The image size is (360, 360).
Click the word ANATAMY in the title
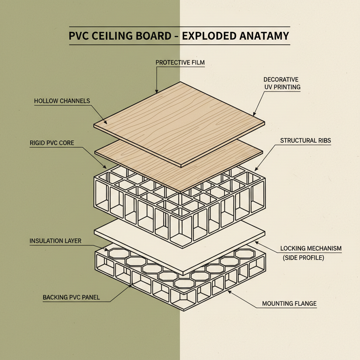point(264,36)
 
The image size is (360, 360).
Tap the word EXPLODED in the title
point(209,36)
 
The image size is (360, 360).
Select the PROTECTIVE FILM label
point(180,63)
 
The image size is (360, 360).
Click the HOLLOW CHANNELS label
point(62,101)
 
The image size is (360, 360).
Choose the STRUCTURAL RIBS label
point(306,141)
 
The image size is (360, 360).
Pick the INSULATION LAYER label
point(56,241)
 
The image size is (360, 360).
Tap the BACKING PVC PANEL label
point(71,297)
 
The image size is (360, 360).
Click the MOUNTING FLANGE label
point(289,303)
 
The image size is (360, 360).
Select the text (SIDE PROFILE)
point(303,258)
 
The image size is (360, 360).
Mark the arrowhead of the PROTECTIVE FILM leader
point(156,92)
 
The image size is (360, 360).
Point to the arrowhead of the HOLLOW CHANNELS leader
point(106,123)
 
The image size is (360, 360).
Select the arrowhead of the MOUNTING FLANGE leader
point(228,290)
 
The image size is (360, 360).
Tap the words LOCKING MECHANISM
point(311,249)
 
